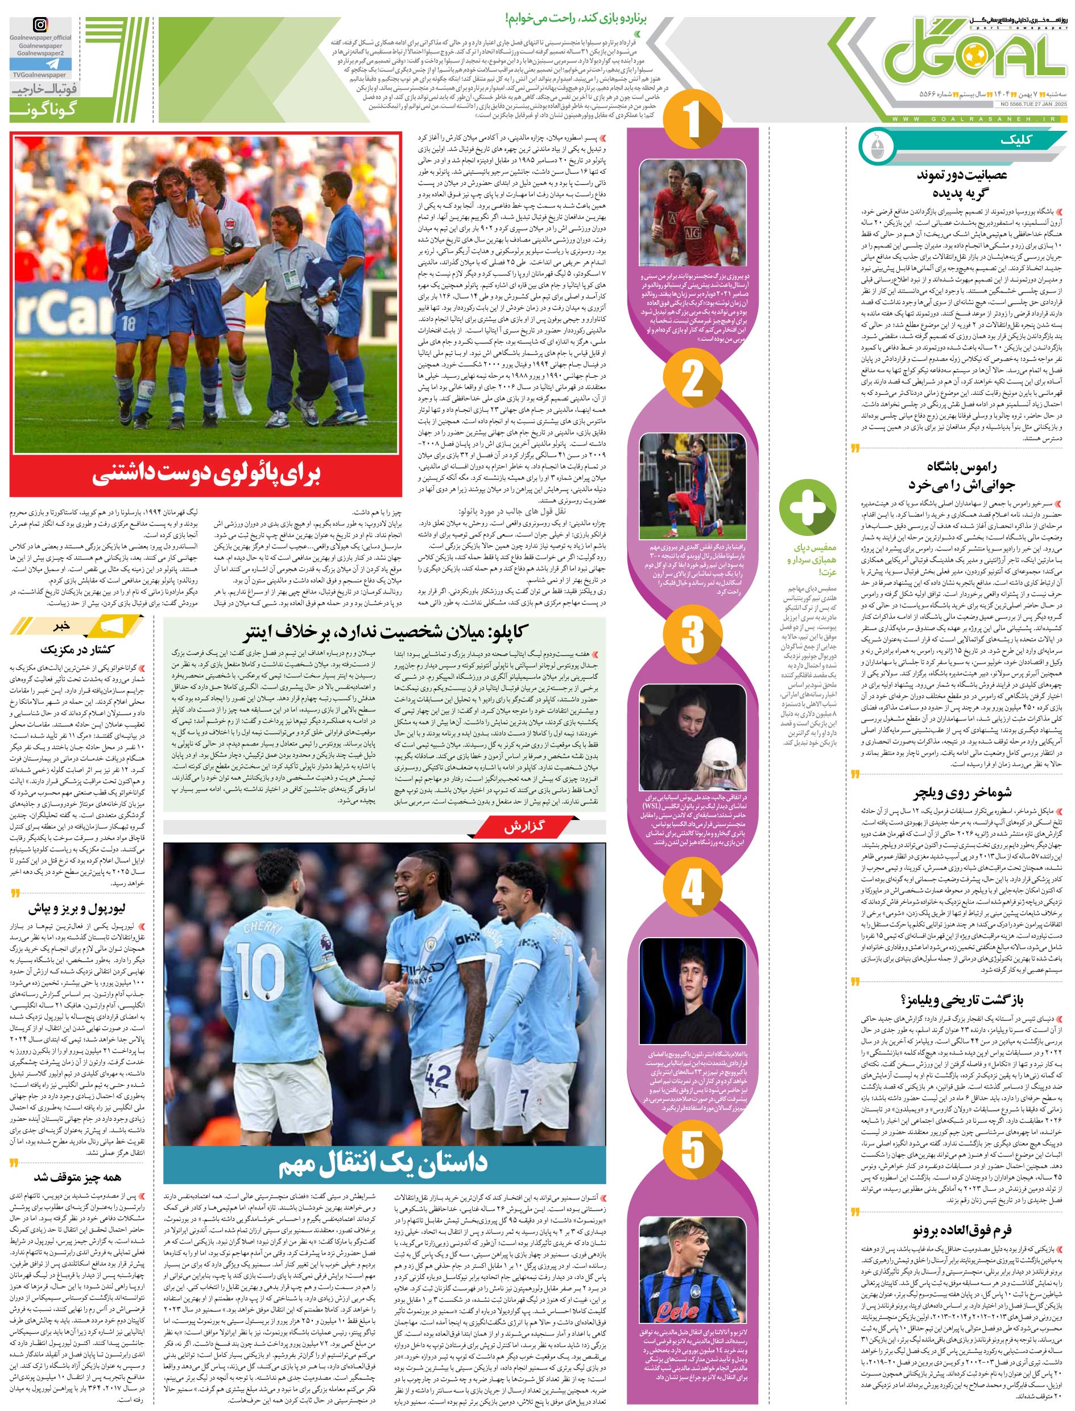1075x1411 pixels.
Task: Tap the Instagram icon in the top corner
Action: tap(40, 26)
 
